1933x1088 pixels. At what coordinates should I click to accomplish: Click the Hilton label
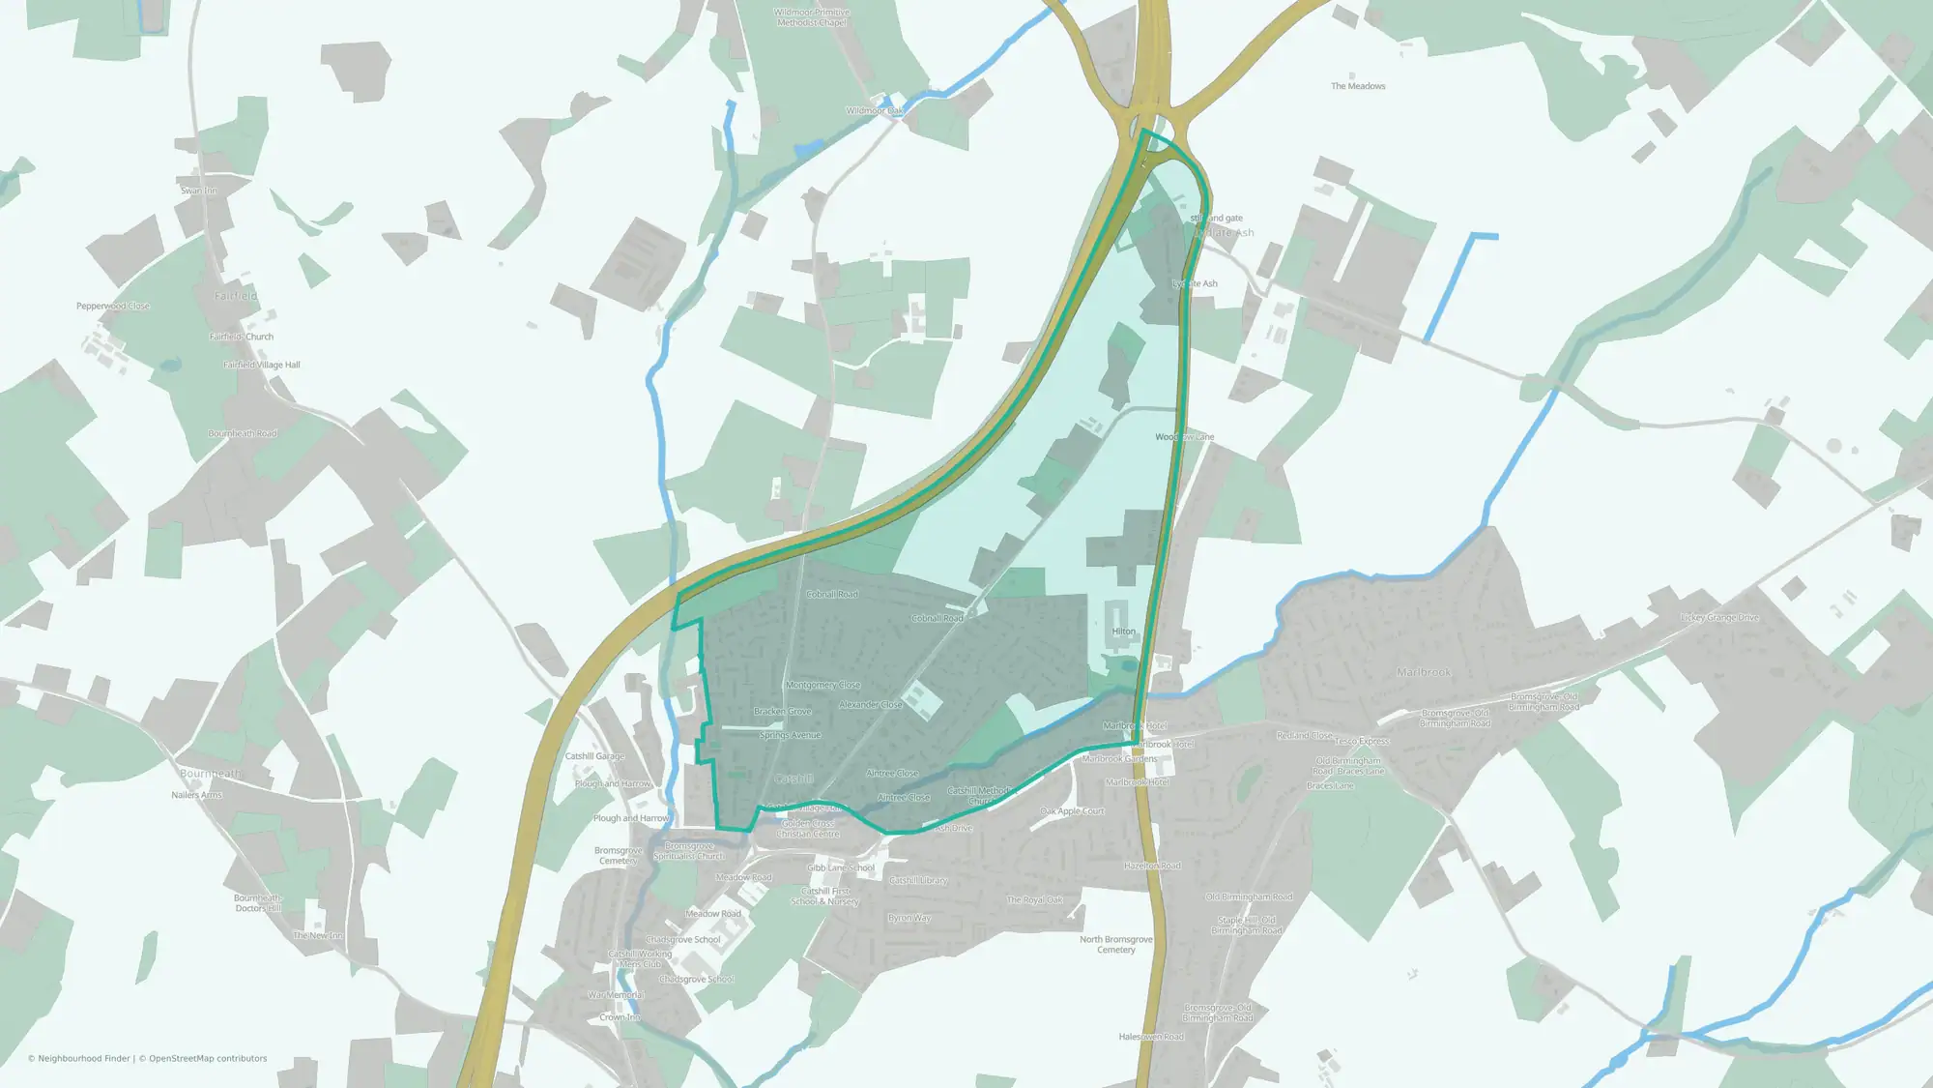pos(1123,632)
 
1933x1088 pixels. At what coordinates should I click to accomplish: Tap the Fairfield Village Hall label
pos(262,365)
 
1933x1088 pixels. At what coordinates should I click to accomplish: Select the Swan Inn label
pos(199,191)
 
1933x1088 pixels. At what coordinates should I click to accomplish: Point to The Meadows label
pos(1358,86)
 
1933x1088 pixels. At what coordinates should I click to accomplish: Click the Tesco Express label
pos(1362,741)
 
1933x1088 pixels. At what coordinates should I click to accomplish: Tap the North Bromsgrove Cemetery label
pos(1116,944)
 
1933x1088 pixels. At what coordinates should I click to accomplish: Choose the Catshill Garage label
pos(594,756)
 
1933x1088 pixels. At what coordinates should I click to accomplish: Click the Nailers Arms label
pos(196,795)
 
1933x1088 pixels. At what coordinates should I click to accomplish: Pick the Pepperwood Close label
pos(113,306)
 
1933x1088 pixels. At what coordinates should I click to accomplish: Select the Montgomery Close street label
pos(822,685)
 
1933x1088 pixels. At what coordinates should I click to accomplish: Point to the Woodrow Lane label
pos(1185,437)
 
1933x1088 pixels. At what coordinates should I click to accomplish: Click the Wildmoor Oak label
pos(875,111)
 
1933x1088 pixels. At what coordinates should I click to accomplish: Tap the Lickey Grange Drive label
pos(1720,617)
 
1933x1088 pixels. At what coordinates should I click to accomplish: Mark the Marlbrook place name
pos(1424,671)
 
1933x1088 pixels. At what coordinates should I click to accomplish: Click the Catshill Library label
pos(918,880)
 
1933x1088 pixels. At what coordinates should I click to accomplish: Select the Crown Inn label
pos(620,1016)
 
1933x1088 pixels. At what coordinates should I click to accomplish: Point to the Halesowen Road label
pos(1151,1037)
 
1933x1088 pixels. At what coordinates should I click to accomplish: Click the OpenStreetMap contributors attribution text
pos(208,1058)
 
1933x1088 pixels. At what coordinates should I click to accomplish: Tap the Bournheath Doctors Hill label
pos(258,902)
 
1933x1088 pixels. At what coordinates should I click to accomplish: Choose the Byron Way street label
pos(909,918)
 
